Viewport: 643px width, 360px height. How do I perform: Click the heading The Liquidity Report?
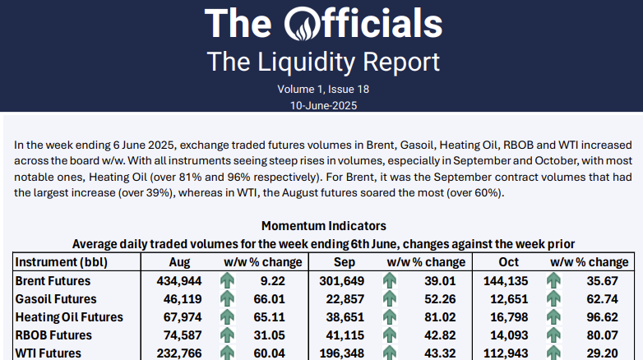coord(322,61)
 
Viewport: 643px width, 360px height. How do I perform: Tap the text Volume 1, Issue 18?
coord(322,89)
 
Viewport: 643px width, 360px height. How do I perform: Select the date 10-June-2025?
coord(322,104)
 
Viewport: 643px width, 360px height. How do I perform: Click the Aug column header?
coord(178,262)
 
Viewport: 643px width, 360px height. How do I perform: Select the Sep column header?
coord(344,262)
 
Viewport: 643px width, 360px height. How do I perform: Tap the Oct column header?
coord(508,262)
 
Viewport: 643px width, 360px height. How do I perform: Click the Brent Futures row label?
coord(55,281)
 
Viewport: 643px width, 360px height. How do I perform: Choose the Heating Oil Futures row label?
coord(69,317)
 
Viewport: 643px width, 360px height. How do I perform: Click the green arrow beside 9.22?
coord(228,281)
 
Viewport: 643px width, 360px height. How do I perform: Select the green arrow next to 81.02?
coord(390,317)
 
